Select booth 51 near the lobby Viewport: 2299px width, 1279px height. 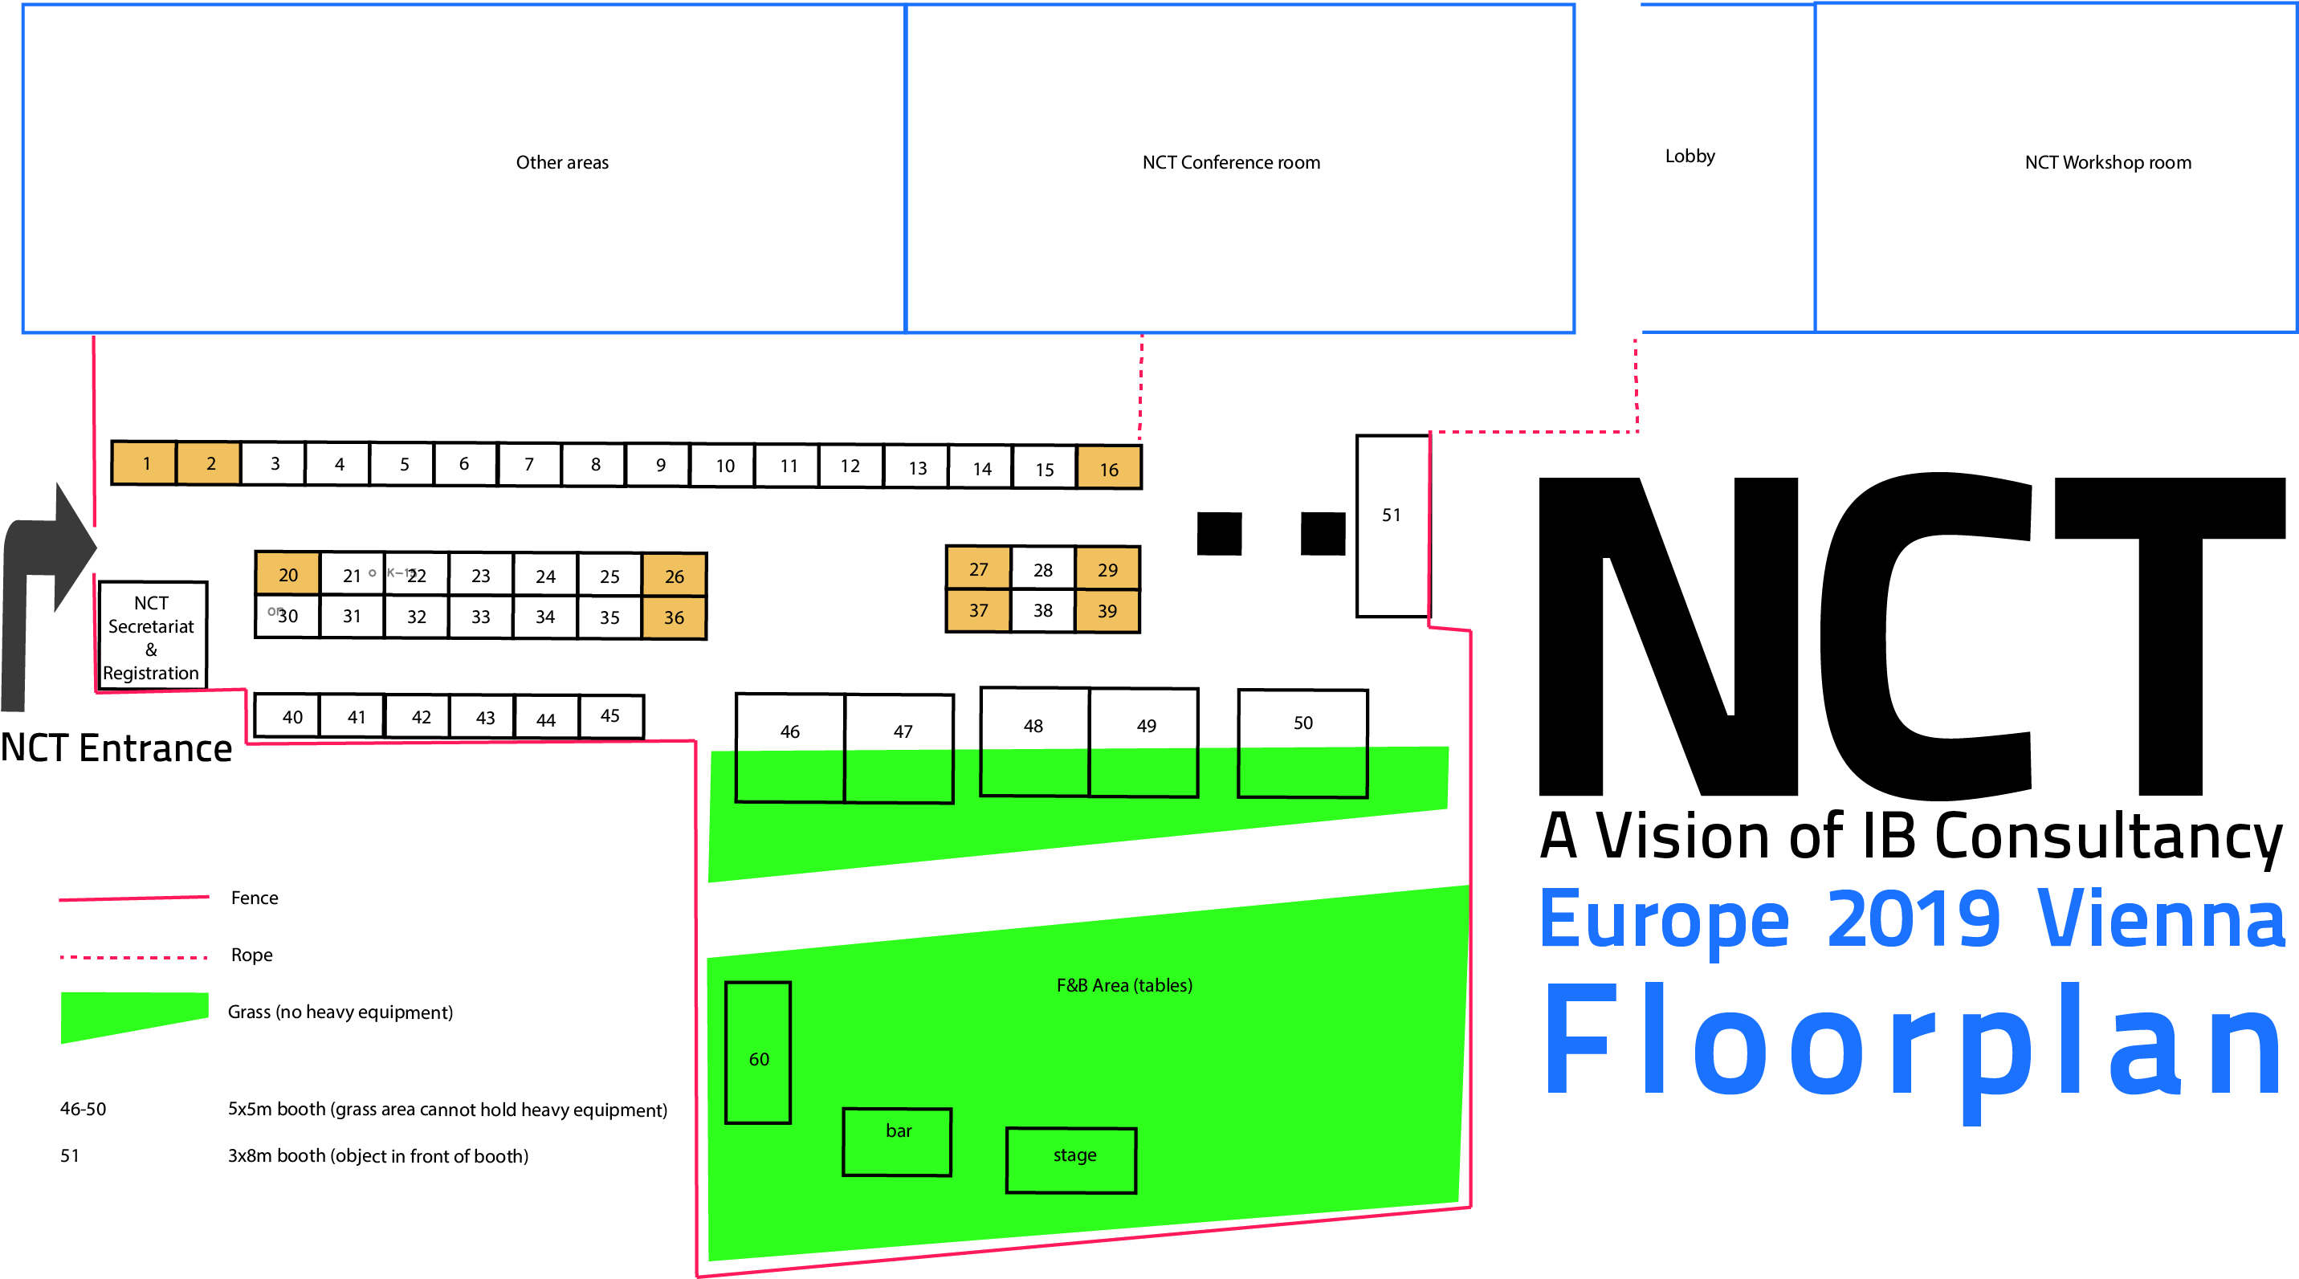pyautogui.click(x=1392, y=526)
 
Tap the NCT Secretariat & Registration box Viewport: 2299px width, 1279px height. pyautogui.click(x=153, y=635)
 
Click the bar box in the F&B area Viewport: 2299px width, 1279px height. pyautogui.click(x=897, y=1142)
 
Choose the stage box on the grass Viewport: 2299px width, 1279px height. pyautogui.click(x=1071, y=1159)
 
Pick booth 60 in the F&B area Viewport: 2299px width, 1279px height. pyautogui.click(x=758, y=1053)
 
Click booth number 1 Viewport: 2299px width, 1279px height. pyautogui.click(x=145, y=462)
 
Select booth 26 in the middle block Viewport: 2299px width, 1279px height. pyautogui.click(x=675, y=575)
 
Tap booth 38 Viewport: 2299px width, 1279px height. pyautogui.click(x=1042, y=610)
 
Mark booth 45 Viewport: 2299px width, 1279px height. pyautogui.click(x=611, y=716)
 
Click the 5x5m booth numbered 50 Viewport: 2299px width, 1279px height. pyautogui.click(x=1303, y=743)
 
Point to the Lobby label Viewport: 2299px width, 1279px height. pyautogui.click(x=1690, y=157)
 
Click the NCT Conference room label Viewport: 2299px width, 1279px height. pyautogui.click(x=1231, y=162)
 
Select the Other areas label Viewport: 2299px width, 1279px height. pyautogui.click(x=562, y=162)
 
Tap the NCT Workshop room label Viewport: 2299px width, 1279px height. pyautogui.click(x=2108, y=162)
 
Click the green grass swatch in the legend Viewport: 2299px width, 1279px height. pyautogui.click(x=134, y=1016)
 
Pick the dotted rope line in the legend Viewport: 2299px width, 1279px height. pyautogui.click(x=134, y=957)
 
